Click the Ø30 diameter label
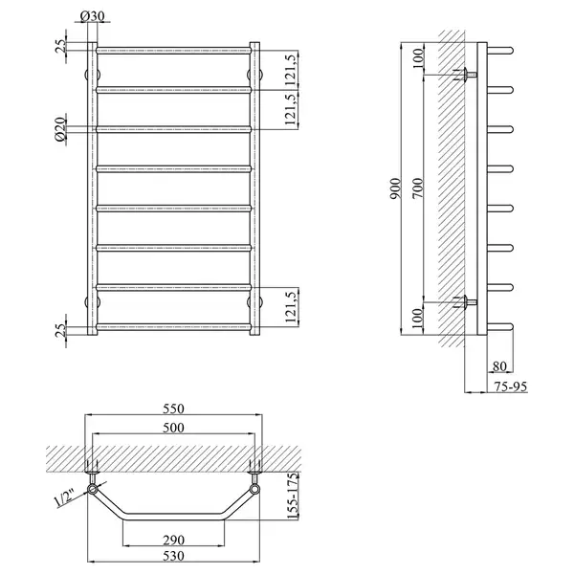coord(92,16)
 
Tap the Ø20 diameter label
coord(60,129)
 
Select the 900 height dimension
coord(396,188)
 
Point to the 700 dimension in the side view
coord(418,188)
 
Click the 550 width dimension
coord(173,408)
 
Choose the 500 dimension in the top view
coord(173,428)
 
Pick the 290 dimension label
coord(173,540)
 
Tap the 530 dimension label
coord(173,556)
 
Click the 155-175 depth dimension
coord(293,496)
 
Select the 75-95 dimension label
coord(510,386)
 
